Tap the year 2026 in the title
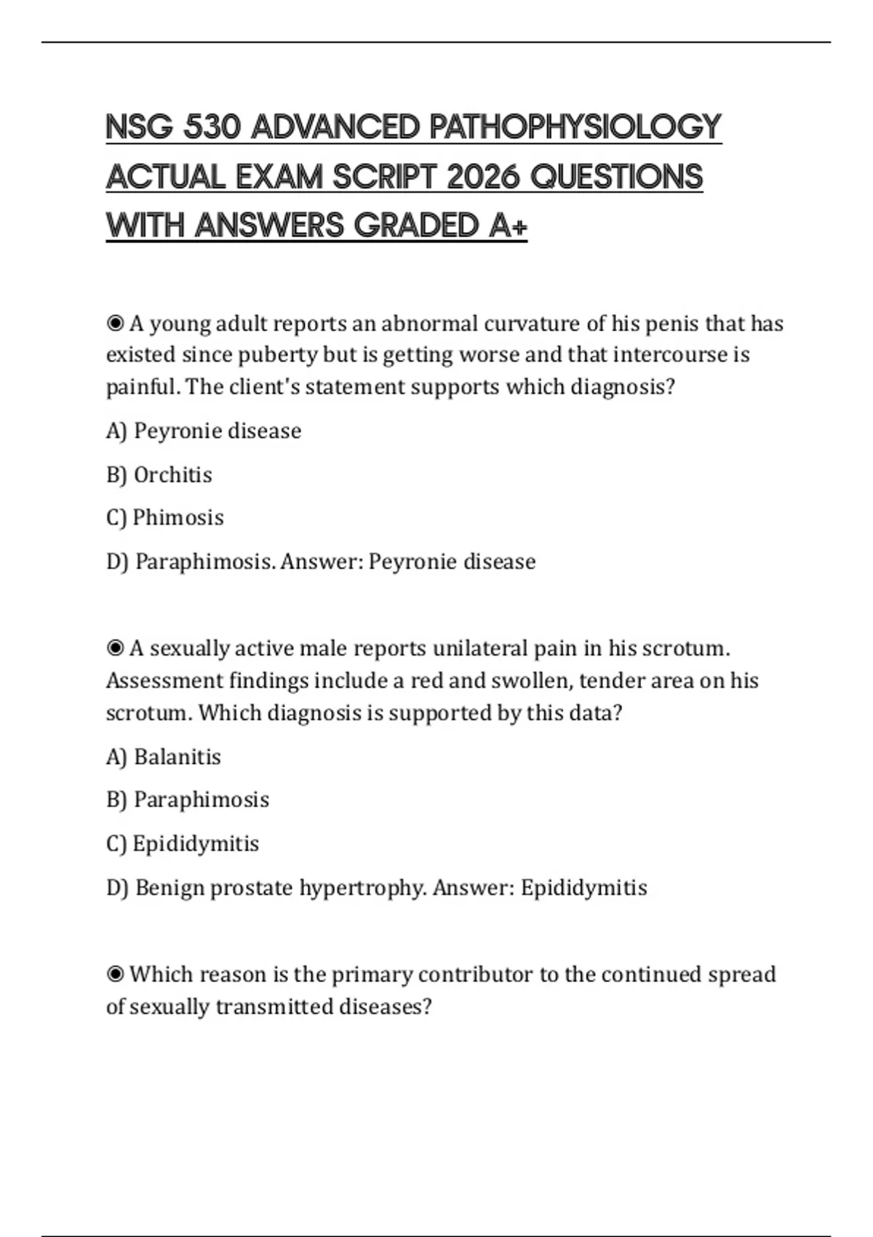(483, 177)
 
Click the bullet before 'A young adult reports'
(115, 323)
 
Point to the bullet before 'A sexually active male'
(115, 648)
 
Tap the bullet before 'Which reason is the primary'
(115, 974)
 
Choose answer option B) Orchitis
(159, 474)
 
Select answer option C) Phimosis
(165, 517)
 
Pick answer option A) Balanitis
(164, 757)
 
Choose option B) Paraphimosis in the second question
(188, 800)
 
